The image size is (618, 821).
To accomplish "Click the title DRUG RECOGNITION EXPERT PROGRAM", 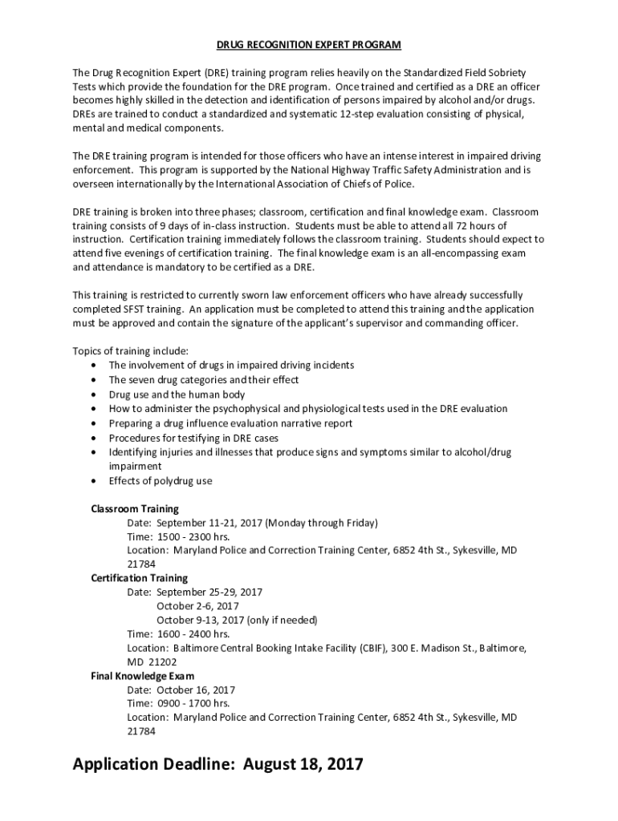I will (x=309, y=45).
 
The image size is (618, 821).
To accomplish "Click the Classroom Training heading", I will (x=135, y=509).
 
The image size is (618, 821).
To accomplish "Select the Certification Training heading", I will (x=140, y=578).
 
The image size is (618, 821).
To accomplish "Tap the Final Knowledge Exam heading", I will (x=143, y=676).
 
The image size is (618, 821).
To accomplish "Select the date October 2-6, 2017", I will (x=197, y=606).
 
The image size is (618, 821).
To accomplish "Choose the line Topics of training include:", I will (x=131, y=351).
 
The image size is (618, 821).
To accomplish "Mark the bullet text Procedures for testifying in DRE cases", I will (x=193, y=438).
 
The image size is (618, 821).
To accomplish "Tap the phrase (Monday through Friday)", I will (x=322, y=523).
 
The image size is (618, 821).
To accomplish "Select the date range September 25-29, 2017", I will (x=209, y=592).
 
